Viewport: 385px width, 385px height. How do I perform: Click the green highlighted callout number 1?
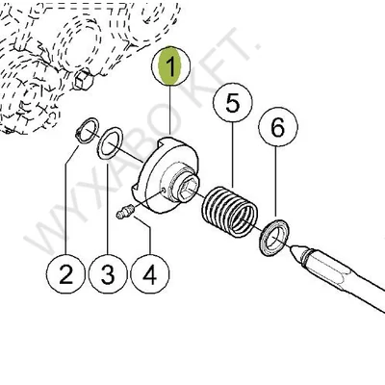[170, 66]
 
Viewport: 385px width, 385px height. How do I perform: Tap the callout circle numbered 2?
[65, 274]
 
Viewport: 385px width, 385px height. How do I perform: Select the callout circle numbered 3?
[108, 274]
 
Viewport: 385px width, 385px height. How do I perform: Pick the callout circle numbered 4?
[150, 274]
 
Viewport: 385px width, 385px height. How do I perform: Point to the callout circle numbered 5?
[233, 103]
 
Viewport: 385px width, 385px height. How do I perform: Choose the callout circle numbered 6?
[278, 127]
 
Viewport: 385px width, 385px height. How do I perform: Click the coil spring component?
[229, 212]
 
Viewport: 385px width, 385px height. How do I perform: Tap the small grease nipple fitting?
[124, 213]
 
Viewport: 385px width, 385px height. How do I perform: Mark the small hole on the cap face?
[164, 190]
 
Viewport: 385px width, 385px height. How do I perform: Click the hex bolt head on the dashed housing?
[84, 80]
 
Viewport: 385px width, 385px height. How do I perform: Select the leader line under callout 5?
[233, 155]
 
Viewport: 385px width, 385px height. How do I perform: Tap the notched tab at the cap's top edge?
[169, 140]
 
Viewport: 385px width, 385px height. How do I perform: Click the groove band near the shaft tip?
[307, 256]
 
